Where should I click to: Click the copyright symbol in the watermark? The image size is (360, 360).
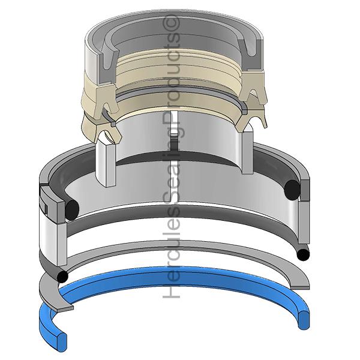171,23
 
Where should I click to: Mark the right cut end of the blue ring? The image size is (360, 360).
304,320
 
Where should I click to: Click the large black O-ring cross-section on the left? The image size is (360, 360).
72,209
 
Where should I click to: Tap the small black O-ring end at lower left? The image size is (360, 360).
62,277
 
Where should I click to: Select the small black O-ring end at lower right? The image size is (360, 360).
303,255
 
